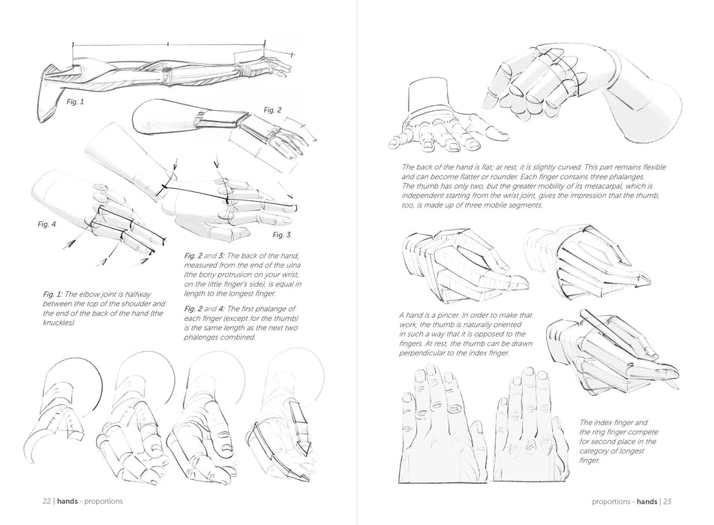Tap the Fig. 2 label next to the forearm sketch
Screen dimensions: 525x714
point(272,110)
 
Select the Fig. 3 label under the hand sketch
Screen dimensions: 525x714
point(282,235)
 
